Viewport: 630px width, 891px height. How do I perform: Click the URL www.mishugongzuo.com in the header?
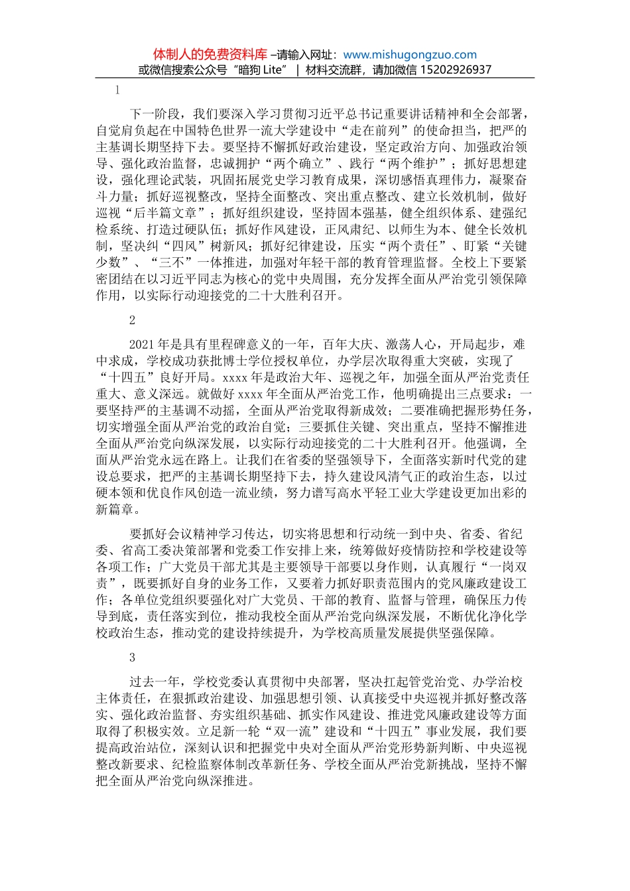(x=410, y=55)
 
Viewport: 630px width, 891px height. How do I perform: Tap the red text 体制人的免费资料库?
(x=210, y=55)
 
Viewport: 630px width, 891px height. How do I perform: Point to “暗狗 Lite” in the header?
(x=259, y=70)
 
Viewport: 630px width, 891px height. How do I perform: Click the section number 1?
(x=117, y=91)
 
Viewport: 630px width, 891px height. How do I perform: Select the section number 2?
(x=132, y=320)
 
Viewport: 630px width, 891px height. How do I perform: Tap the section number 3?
(x=132, y=657)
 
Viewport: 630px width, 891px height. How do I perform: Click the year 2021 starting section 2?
(x=141, y=344)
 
